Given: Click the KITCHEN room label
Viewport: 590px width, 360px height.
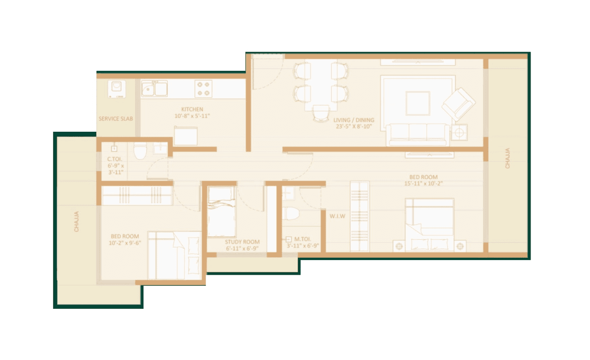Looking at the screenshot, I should [x=192, y=109].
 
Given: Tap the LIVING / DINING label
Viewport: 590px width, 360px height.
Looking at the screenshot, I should [x=354, y=120].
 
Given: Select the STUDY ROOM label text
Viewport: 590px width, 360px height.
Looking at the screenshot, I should [x=242, y=242].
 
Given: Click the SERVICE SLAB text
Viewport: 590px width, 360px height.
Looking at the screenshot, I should [x=116, y=119].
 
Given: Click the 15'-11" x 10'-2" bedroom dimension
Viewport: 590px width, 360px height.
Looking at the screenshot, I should [x=424, y=183].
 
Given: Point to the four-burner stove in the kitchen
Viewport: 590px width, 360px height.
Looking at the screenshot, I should [x=203, y=89].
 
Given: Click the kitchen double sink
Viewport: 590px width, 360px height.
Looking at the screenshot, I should [x=154, y=89].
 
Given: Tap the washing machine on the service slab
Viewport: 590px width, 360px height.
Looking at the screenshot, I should [x=117, y=89].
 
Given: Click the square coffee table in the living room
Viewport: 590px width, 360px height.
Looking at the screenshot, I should [x=418, y=103].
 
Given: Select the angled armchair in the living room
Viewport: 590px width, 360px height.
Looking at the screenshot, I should [x=458, y=104].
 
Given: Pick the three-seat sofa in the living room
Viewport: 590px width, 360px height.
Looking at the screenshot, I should [x=418, y=133].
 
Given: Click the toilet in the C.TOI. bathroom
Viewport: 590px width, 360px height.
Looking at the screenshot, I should [x=140, y=151].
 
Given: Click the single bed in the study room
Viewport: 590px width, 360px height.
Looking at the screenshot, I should [x=221, y=211].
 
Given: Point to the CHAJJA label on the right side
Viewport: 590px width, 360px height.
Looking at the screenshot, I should [x=507, y=158].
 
